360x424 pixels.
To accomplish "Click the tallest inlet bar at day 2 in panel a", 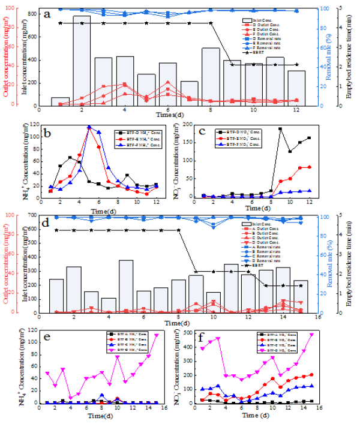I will click(82, 60).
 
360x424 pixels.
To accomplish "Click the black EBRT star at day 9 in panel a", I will click(232, 64).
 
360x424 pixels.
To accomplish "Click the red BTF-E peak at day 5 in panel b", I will click(89, 128).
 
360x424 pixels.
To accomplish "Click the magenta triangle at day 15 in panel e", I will click(157, 335).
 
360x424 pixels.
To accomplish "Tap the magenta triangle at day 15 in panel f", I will click(311, 335).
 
